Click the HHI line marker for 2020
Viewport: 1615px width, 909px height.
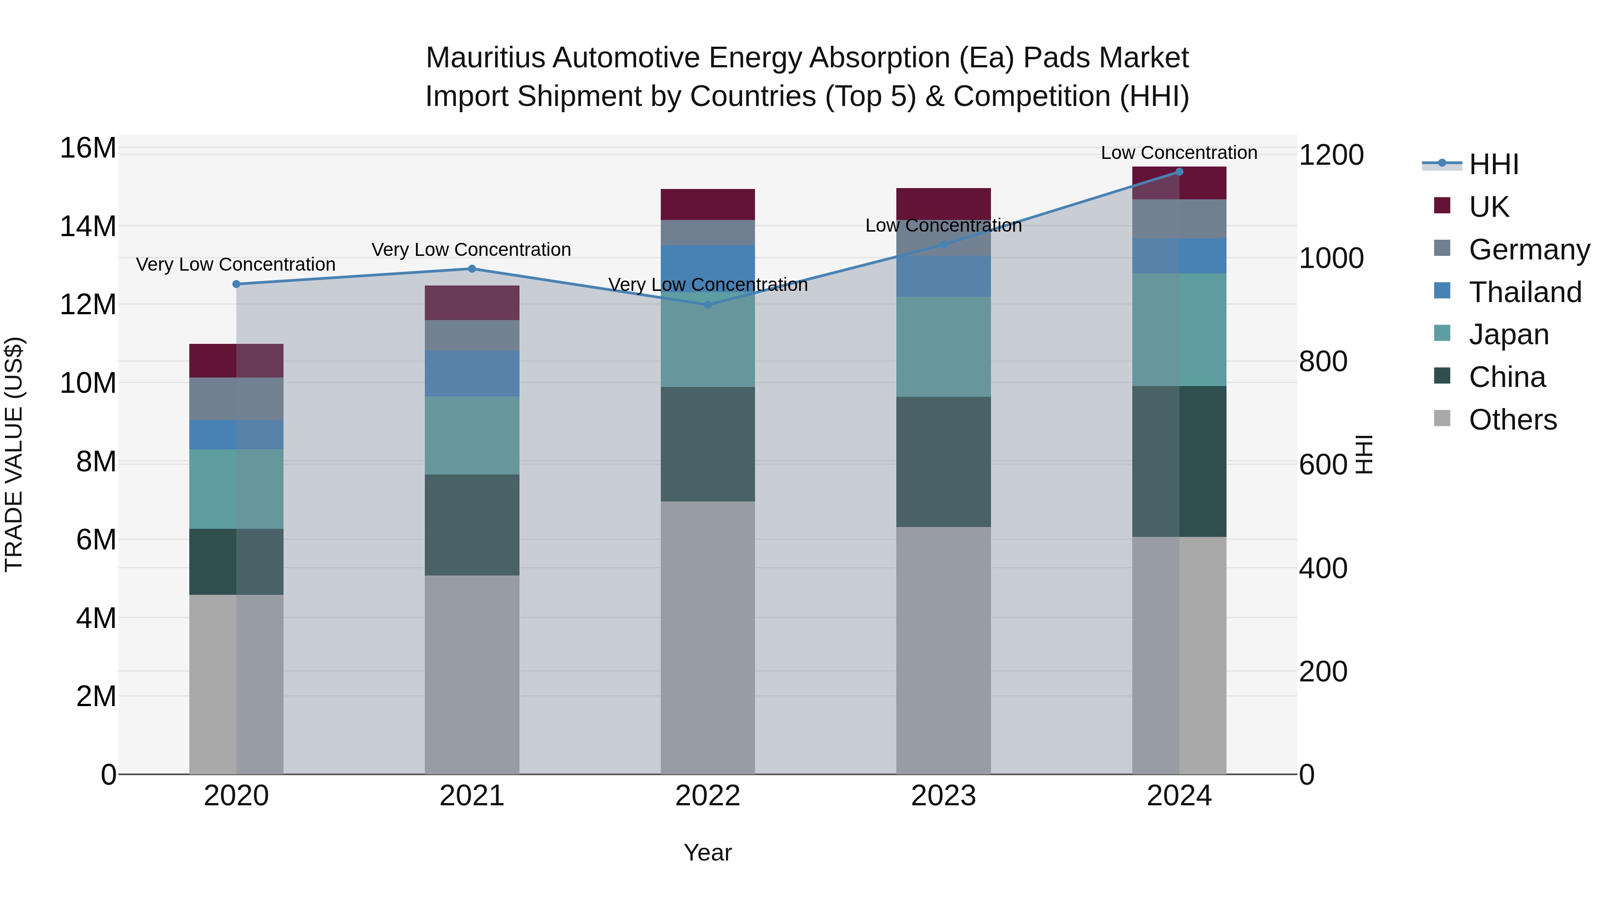[x=236, y=284]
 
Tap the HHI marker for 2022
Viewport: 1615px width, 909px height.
[x=708, y=305]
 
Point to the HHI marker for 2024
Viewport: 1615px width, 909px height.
[x=1179, y=171]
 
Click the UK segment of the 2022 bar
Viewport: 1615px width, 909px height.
[x=708, y=205]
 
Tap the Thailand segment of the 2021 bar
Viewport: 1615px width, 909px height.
[x=472, y=373]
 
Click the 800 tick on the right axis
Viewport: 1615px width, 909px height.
[x=1323, y=361]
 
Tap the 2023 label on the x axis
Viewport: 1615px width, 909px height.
[x=943, y=796]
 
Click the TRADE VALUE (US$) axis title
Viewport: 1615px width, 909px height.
[x=14, y=454]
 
